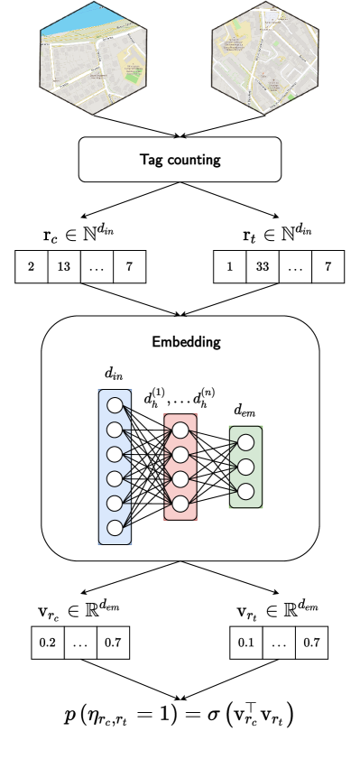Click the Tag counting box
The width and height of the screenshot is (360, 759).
[180, 160]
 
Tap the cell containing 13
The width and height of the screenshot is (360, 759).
[64, 267]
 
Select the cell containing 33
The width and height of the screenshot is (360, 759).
[263, 267]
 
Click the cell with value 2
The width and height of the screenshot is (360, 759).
[32, 267]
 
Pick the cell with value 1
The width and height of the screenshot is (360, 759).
[230, 267]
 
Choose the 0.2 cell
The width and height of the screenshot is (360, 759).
[48, 643]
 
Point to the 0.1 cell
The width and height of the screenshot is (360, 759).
[246, 643]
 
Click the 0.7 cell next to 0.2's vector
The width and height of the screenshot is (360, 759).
[113, 643]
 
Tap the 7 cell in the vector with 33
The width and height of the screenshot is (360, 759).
[328, 267]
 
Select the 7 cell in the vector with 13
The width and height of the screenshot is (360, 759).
[129, 267]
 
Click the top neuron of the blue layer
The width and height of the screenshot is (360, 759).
[115, 405]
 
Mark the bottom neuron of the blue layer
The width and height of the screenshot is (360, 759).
[115, 527]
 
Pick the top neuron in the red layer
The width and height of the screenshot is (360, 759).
[180, 430]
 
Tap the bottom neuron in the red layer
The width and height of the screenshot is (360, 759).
[180, 503]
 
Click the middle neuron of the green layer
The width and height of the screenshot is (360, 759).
[245, 467]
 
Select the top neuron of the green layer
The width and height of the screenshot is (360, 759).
[245, 442]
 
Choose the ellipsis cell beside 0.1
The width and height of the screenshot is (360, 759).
[279, 643]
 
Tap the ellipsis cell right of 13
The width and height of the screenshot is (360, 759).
[97, 267]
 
